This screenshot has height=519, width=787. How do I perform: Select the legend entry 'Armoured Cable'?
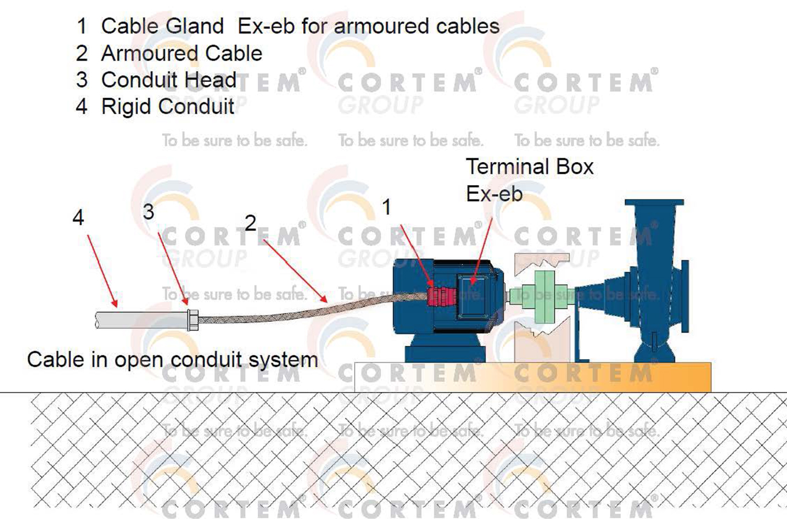(181, 54)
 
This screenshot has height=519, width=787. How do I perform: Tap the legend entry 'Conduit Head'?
(168, 80)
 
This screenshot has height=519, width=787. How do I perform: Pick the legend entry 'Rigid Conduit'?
(167, 107)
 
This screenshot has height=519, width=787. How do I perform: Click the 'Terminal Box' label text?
(529, 167)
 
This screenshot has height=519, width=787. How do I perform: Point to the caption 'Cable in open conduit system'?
(172, 360)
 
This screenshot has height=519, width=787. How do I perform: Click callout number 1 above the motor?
(386, 207)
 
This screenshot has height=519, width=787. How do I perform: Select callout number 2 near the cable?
(250, 223)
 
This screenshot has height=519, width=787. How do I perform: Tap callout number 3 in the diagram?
(148, 212)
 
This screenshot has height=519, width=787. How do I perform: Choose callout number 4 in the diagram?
(78, 217)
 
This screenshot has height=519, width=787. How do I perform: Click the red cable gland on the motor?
(439, 295)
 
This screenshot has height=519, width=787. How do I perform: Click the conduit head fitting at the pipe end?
(193, 319)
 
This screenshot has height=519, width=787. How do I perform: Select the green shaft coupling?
(542, 296)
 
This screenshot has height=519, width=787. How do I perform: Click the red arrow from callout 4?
(103, 270)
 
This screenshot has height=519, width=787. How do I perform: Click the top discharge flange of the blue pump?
(654, 204)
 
